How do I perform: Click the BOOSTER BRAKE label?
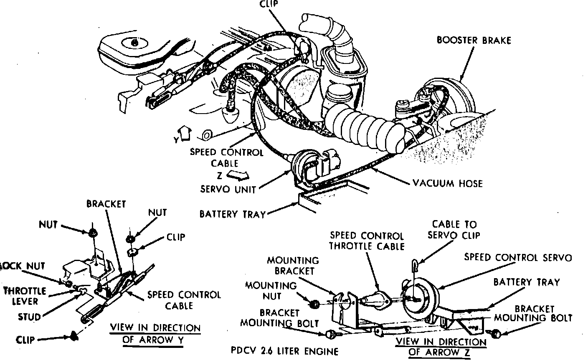474,41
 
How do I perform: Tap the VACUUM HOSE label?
447,183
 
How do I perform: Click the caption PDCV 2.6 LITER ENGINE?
284,351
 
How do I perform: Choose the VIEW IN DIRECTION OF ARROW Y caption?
155,333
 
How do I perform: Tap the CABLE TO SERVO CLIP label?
454,230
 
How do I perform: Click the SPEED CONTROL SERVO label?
518,257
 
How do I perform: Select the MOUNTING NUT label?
271,291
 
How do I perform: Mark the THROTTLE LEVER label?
26,295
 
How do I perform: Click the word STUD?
29,317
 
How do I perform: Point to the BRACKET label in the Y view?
106,204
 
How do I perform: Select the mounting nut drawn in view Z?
316,303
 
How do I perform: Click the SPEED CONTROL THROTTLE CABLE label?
367,241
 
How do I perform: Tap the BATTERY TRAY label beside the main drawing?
232,214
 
